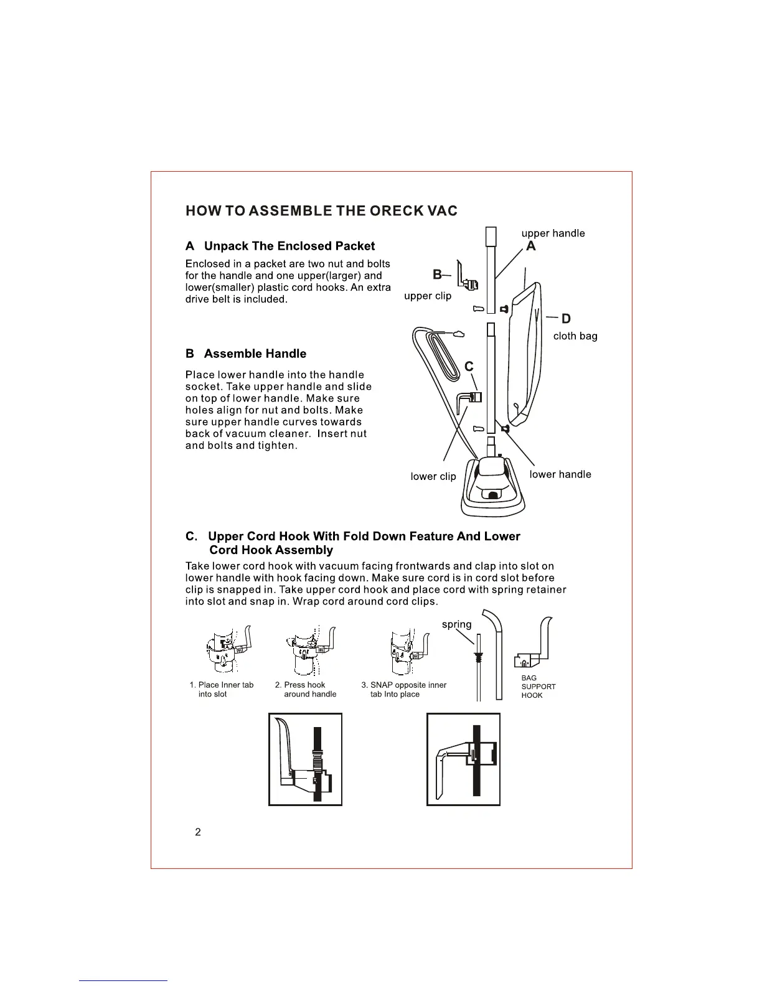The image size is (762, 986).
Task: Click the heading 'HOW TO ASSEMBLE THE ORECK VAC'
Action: point(321,210)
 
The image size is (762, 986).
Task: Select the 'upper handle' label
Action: point(553,233)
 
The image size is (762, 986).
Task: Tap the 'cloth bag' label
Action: point(575,336)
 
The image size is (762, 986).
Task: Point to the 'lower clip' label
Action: point(433,477)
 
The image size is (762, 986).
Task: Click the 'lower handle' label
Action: point(560,474)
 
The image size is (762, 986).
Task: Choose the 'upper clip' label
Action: point(427,296)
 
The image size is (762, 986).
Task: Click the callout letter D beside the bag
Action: point(566,319)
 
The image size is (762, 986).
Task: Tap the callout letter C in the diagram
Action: point(469,367)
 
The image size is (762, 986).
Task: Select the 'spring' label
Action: point(456,624)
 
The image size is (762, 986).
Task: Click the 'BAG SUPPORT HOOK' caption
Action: point(538,687)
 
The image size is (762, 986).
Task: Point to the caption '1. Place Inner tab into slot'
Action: point(221,690)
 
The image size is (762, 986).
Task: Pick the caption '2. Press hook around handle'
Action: point(305,690)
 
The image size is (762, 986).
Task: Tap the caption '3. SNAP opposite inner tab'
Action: point(403,690)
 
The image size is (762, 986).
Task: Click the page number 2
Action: point(198,832)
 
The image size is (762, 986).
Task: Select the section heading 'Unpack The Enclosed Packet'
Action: point(289,246)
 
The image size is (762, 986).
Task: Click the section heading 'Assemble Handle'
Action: point(255,354)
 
